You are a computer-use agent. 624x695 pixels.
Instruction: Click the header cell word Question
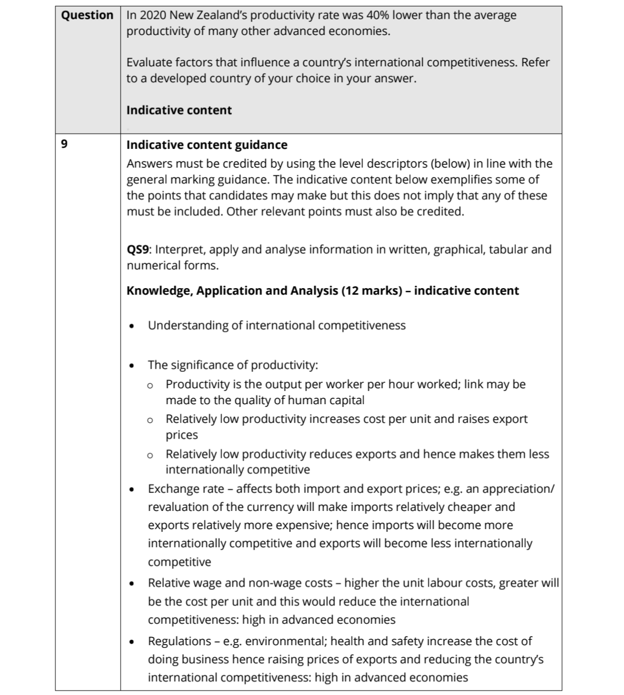pyautogui.click(x=87, y=15)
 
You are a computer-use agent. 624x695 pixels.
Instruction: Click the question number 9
pyautogui.click(x=64, y=145)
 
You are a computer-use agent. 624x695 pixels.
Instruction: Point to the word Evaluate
pyautogui.click(x=151, y=62)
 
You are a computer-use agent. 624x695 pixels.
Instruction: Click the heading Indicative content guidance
pyautogui.click(x=207, y=145)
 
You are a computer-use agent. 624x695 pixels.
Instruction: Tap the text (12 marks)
pyautogui.click(x=376, y=291)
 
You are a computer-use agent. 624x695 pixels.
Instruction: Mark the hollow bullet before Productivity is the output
pyautogui.click(x=150, y=386)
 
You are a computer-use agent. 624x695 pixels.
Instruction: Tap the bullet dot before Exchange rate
pyautogui.click(x=132, y=490)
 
